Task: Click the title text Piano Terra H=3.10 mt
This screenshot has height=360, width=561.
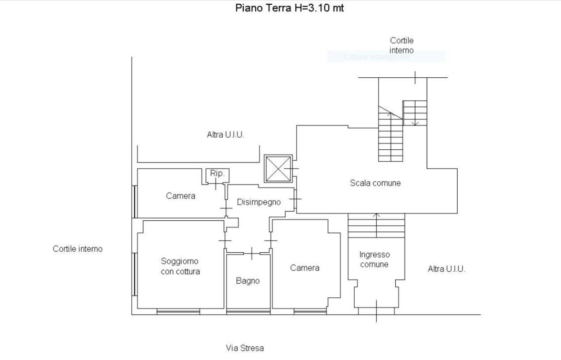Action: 289,8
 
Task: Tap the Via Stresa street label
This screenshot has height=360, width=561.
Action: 245,348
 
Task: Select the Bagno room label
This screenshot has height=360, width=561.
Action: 247,280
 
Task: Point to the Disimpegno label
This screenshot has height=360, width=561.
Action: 259,202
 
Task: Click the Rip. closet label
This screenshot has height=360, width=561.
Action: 217,174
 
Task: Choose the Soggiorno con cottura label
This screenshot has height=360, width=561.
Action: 180,266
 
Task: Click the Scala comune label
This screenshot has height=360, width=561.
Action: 375,183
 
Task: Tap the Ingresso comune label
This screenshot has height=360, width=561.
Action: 375,259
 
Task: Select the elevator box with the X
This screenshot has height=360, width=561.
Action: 278,169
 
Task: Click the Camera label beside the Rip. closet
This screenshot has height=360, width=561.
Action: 181,196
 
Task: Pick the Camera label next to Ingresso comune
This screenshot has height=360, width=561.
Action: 305,268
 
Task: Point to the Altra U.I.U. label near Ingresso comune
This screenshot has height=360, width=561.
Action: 446,269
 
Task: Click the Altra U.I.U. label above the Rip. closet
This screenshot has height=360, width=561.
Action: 225,135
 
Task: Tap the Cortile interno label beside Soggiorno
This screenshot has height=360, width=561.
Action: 78,249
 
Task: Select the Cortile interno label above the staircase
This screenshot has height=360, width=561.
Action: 402,45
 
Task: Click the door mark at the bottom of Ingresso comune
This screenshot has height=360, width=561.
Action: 376,311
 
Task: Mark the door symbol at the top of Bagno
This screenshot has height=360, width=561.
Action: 251,253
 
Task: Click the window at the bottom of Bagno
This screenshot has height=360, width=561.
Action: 248,311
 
